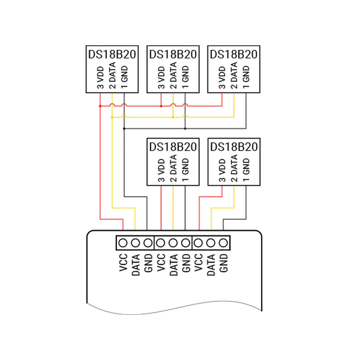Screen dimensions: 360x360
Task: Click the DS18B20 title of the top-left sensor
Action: pos(112,54)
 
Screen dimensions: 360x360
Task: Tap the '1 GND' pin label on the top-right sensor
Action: pos(246,77)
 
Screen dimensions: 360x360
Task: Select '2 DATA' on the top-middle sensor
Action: pos(173,76)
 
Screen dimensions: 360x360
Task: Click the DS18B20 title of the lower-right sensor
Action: pos(234,147)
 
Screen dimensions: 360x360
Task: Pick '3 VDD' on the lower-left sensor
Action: pos(161,170)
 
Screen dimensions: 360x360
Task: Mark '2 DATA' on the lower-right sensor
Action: pos(234,168)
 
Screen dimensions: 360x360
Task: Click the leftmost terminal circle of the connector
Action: pos(123,243)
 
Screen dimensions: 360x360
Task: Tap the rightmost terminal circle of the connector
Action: pos(223,243)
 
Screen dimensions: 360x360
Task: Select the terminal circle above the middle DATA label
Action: pos(173,243)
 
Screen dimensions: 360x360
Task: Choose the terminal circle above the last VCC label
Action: pos(198,243)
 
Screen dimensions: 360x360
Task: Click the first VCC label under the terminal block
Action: pos(123,263)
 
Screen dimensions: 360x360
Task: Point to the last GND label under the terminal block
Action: pos(224,263)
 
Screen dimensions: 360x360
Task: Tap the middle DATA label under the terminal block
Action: pos(174,265)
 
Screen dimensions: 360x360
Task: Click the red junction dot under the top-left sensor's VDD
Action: pos(100,106)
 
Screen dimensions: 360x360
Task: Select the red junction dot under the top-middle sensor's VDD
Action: pos(161,106)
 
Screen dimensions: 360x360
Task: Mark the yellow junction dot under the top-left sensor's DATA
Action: pos(112,117)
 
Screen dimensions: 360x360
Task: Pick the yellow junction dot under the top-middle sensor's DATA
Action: pos(173,117)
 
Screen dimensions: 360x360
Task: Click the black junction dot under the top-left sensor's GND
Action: pos(124,129)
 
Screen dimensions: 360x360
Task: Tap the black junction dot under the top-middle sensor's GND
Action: pos(185,129)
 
